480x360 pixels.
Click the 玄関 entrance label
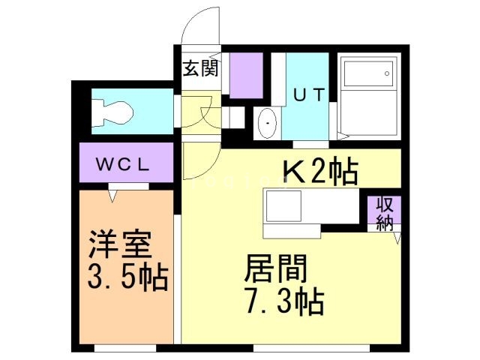(200, 68)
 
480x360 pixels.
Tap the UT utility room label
(307, 95)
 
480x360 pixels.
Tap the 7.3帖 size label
(283, 301)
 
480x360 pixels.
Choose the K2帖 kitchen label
(318, 172)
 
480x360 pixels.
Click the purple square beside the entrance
(245, 76)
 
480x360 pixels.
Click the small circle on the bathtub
(388, 73)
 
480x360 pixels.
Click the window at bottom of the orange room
(124, 348)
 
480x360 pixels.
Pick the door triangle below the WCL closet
(115, 196)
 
